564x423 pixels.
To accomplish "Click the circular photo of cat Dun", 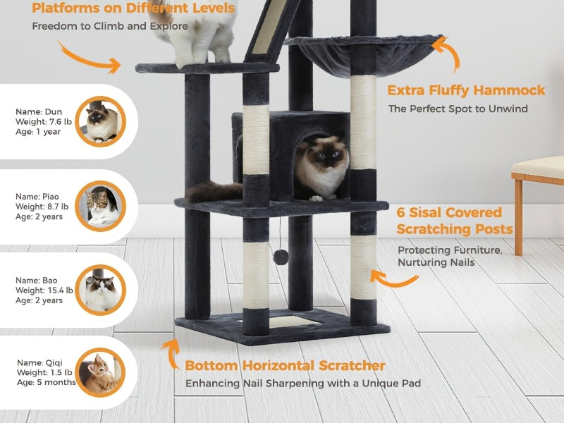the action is (x=100, y=121).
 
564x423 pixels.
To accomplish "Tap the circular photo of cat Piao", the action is (x=100, y=206).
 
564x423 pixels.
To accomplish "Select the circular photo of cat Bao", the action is (x=100, y=290).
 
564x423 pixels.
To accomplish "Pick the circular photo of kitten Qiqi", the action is (x=100, y=373).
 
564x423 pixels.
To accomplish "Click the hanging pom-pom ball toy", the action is (x=281, y=257).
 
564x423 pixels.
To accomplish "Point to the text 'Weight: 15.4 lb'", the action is (x=44, y=290).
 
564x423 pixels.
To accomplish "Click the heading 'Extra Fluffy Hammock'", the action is (x=466, y=90).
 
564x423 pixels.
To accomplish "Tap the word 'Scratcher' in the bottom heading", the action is (x=352, y=365).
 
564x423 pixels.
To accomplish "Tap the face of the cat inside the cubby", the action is (x=326, y=155).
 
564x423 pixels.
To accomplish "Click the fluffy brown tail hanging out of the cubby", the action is (x=214, y=191).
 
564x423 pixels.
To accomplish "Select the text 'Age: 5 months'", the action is (x=47, y=382).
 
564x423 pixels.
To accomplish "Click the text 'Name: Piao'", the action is (x=37, y=197).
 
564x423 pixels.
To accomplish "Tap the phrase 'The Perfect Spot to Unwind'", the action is (x=458, y=109).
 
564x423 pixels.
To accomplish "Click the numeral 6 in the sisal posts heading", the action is (x=400, y=212).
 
